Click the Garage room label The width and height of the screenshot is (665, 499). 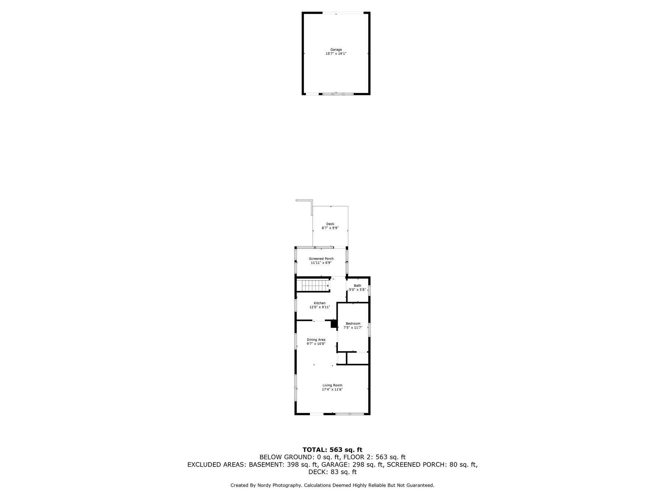336,50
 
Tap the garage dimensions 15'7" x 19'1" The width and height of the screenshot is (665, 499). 336,54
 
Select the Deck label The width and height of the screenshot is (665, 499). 330,224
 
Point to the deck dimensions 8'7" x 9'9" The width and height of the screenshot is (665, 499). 330,228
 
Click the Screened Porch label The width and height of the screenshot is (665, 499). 321,259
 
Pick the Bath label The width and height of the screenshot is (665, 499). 357,286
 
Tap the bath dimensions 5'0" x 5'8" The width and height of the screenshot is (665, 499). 357,290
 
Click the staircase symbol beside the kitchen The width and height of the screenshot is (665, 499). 313,285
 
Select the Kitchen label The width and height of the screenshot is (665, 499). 320,303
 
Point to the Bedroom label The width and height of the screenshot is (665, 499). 353,324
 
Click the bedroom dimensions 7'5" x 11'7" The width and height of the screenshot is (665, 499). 353,328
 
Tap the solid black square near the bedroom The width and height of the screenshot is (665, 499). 334,324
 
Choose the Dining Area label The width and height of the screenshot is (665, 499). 316,340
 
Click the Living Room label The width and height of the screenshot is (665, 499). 332,385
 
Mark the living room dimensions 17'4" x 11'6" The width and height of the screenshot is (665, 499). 332,390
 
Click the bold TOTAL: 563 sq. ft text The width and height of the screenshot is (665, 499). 332,450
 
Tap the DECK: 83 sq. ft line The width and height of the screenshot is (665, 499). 332,472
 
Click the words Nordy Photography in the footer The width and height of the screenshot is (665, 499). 277,485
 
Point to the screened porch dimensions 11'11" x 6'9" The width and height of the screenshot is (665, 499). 321,263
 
